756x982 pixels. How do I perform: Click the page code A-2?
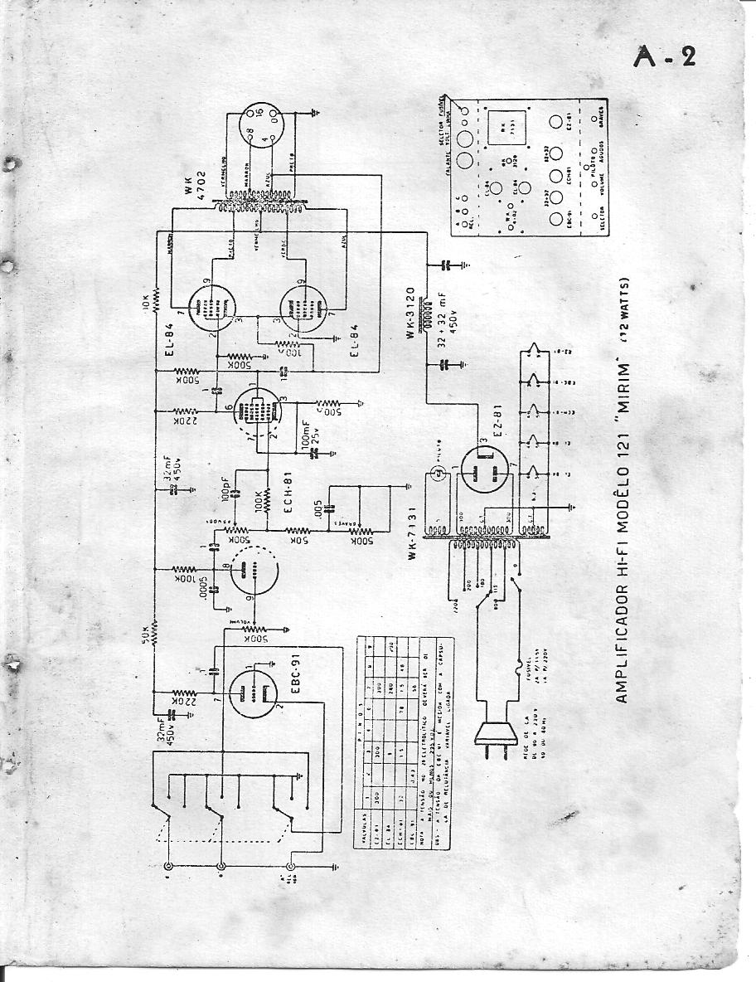(664, 56)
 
